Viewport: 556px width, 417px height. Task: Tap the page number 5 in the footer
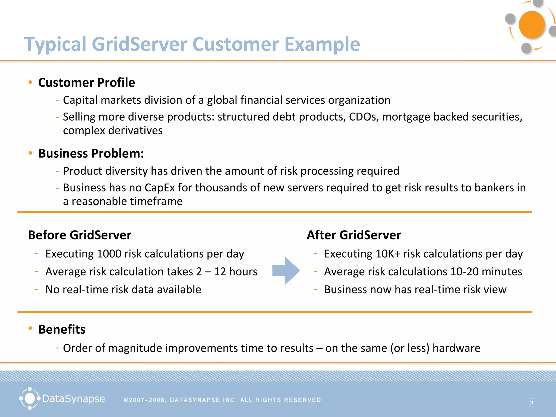(x=531, y=402)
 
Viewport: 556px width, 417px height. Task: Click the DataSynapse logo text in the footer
(x=73, y=399)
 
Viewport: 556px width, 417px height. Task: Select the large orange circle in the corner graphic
(x=532, y=25)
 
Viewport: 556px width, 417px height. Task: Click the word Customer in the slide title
(x=236, y=44)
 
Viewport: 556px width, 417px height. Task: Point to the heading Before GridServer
(x=80, y=235)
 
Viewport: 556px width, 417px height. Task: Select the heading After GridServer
(x=353, y=235)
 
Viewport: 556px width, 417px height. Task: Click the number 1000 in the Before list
(x=109, y=254)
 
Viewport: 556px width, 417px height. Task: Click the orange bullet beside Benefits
(x=30, y=328)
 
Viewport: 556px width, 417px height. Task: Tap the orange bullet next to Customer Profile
(x=30, y=82)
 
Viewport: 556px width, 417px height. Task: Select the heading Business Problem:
(x=91, y=153)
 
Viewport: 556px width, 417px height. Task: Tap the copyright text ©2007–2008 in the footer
(x=144, y=400)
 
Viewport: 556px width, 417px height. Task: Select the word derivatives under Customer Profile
(x=135, y=131)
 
